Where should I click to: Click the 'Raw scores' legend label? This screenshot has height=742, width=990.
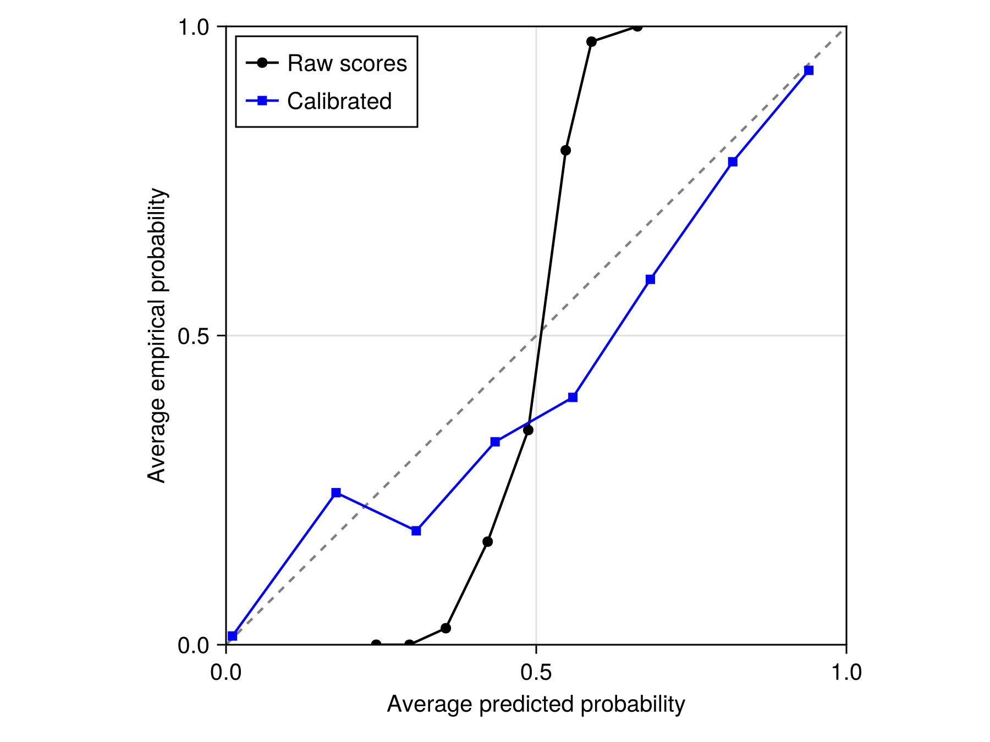click(347, 63)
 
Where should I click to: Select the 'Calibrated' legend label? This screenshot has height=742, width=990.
click(339, 101)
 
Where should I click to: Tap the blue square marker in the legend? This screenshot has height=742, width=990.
click(262, 101)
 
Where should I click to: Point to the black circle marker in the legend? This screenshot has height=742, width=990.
click(262, 63)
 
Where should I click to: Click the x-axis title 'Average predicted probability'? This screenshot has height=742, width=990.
click(536, 704)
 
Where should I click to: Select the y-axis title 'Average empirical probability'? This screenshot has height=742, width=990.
click(157, 335)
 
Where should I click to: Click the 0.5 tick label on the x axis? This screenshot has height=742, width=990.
click(536, 673)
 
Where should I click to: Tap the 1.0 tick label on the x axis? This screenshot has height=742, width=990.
click(846, 673)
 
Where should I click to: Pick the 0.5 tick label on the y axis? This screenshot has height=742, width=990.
click(194, 336)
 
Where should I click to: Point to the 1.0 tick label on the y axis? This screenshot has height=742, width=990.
click(194, 27)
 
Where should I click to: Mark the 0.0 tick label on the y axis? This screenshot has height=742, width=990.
click(194, 645)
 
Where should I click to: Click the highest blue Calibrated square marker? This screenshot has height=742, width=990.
click(809, 70)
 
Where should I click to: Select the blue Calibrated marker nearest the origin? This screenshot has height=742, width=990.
click(232, 636)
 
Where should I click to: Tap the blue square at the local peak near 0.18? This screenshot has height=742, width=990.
click(336, 492)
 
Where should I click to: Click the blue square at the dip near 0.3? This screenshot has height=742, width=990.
click(416, 531)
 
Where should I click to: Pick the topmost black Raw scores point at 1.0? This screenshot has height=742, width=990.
click(637, 26)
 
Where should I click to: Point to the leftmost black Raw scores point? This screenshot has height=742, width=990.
click(376, 644)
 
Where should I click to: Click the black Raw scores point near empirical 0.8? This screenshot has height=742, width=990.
click(565, 151)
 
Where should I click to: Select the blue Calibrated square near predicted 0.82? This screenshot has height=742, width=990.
click(733, 162)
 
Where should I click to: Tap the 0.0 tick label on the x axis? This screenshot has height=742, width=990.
click(226, 673)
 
